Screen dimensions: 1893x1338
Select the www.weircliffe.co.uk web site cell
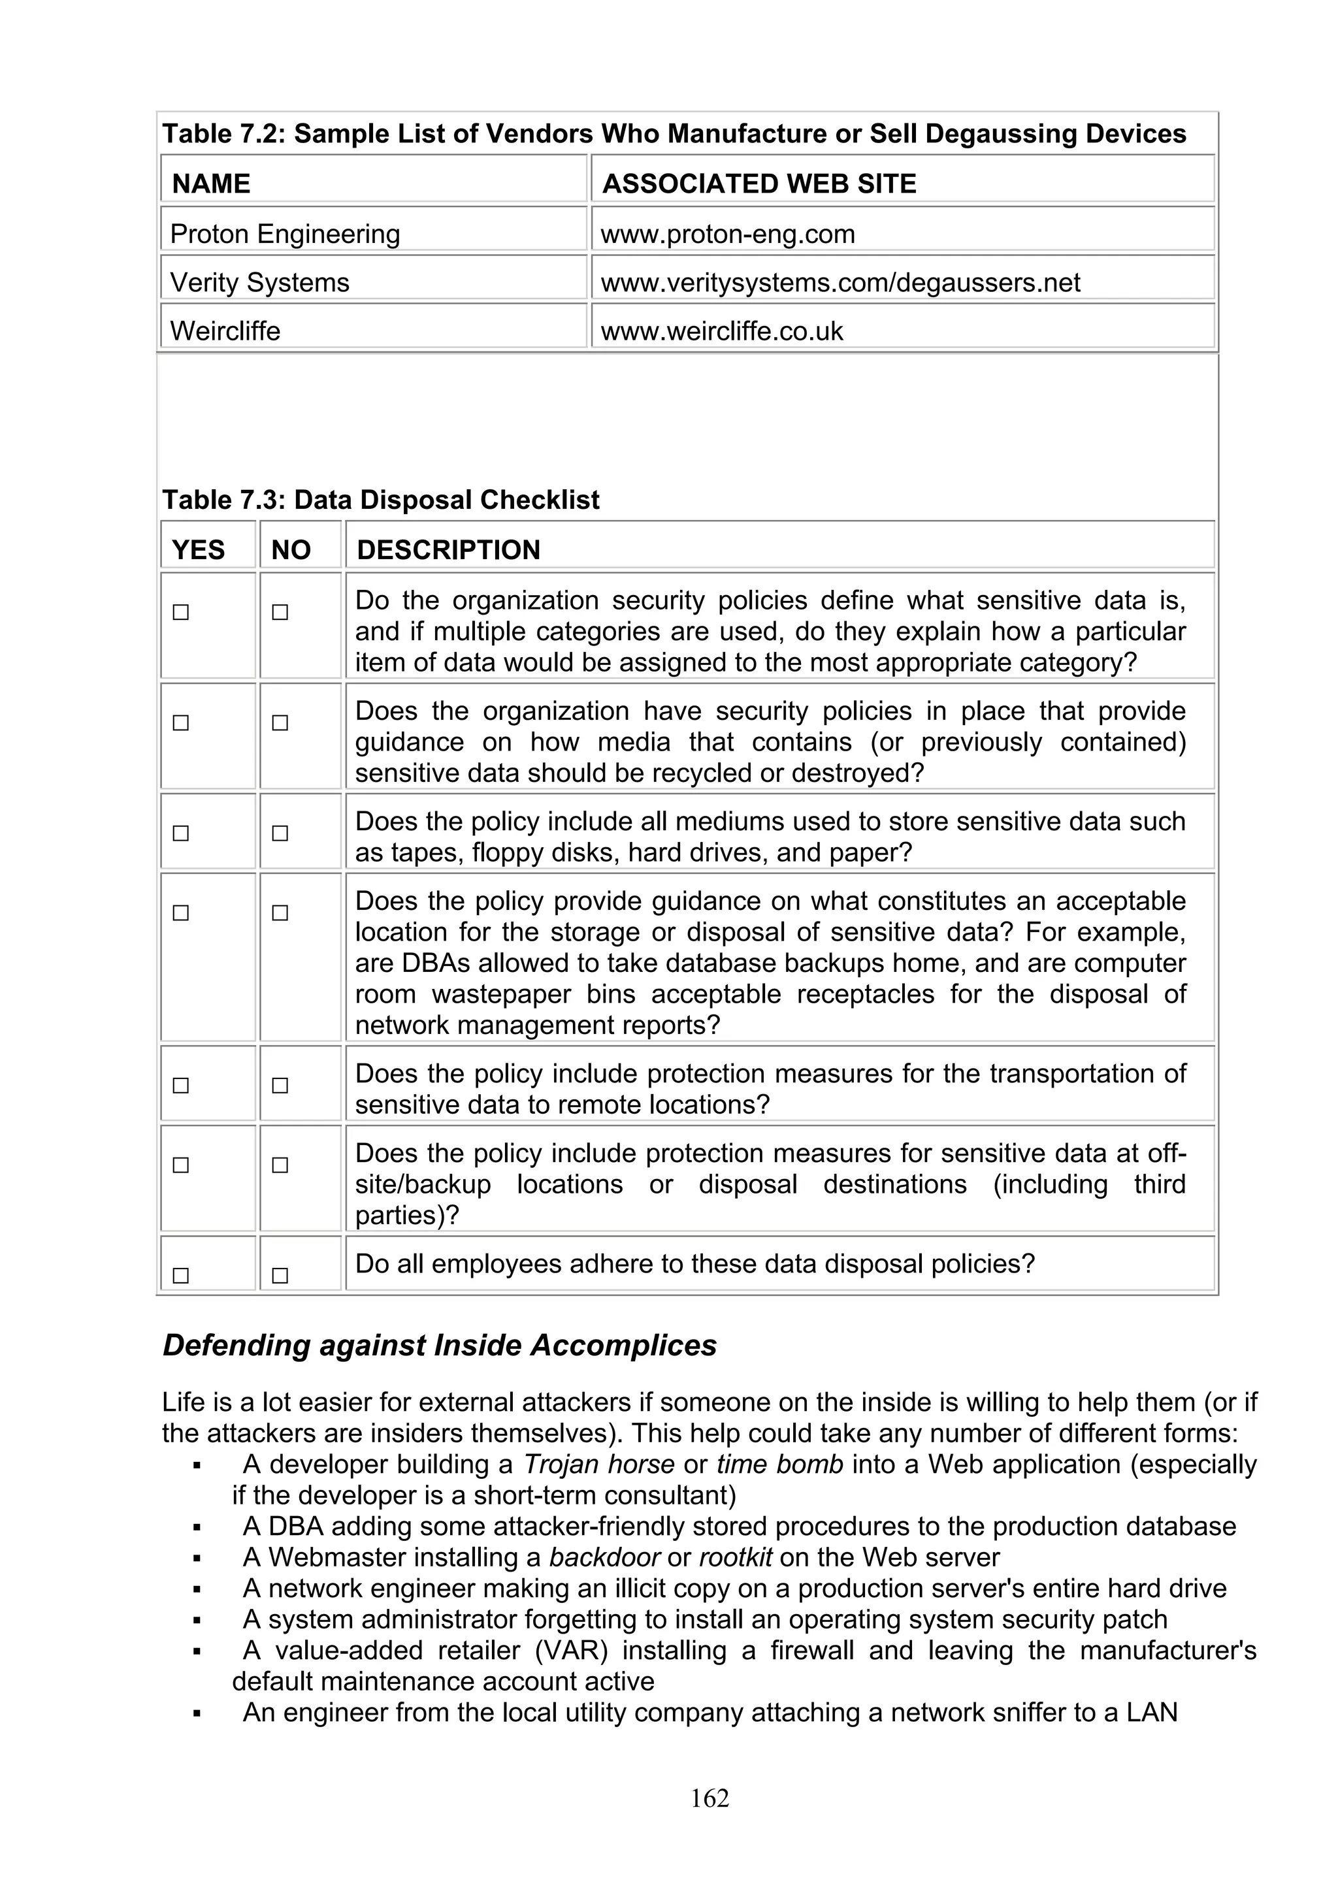pyautogui.click(x=721, y=331)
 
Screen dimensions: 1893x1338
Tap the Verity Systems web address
pyautogui.click(x=840, y=283)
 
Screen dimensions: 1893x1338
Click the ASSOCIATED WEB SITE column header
pyautogui.click(x=759, y=183)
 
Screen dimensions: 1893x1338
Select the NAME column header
pyautogui.click(x=211, y=183)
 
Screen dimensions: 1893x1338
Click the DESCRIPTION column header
pyautogui.click(x=448, y=550)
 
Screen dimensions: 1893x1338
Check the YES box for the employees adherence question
pyautogui.click(x=180, y=1276)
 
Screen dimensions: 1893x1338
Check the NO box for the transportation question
pyautogui.click(x=280, y=1085)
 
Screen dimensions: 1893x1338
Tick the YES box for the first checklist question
pyautogui.click(x=180, y=613)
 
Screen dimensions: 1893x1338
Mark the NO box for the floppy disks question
pyautogui.click(x=280, y=833)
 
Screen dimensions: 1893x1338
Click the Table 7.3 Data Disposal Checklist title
pyautogui.click(x=381, y=500)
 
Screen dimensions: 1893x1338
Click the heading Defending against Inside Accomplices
pyautogui.click(x=440, y=1346)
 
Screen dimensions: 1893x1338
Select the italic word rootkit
pyautogui.click(x=736, y=1557)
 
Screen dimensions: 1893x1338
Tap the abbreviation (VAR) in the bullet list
pyautogui.click(x=570, y=1651)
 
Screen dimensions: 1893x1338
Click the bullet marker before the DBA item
pyautogui.click(x=197, y=1528)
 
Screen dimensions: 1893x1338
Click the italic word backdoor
pyautogui.click(x=604, y=1557)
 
